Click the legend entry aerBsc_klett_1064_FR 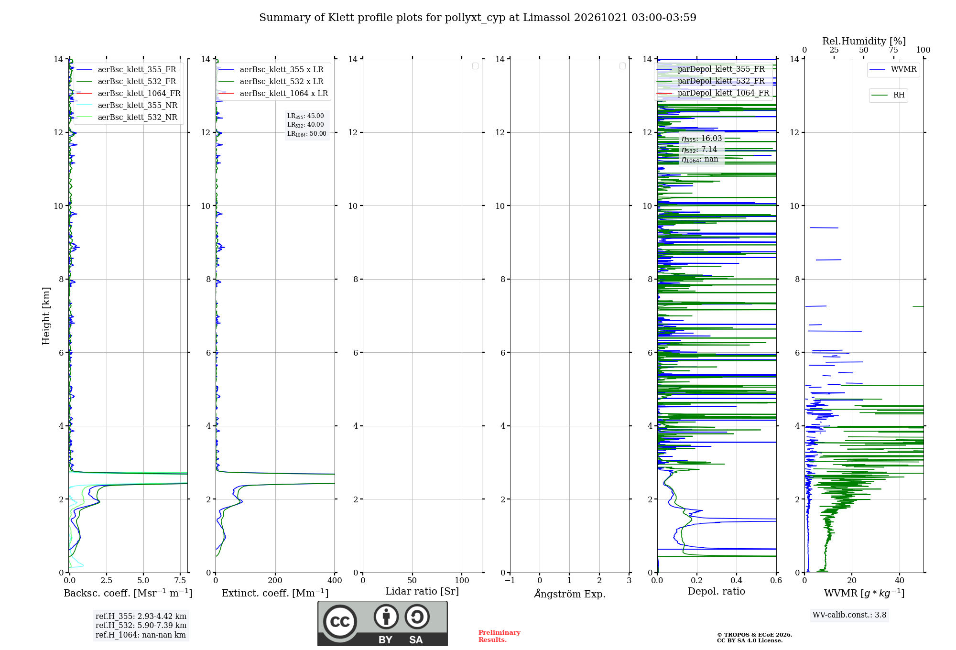(128, 93)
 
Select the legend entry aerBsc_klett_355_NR (127, 105)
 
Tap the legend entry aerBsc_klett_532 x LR (271, 81)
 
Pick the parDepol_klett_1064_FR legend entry (713, 93)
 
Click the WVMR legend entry (893, 69)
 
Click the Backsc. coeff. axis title (128, 593)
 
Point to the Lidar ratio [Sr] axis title (422, 591)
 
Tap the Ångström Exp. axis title (570, 594)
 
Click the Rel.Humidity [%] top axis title (864, 41)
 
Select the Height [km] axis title (46, 316)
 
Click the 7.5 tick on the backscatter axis (180, 580)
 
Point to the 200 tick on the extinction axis (275, 580)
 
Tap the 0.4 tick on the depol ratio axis (737, 580)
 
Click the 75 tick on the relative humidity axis (893, 50)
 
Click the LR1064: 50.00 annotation (307, 134)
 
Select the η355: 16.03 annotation (702, 139)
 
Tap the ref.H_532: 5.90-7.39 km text (141, 625)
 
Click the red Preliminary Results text (500, 636)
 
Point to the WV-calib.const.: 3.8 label (849, 615)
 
